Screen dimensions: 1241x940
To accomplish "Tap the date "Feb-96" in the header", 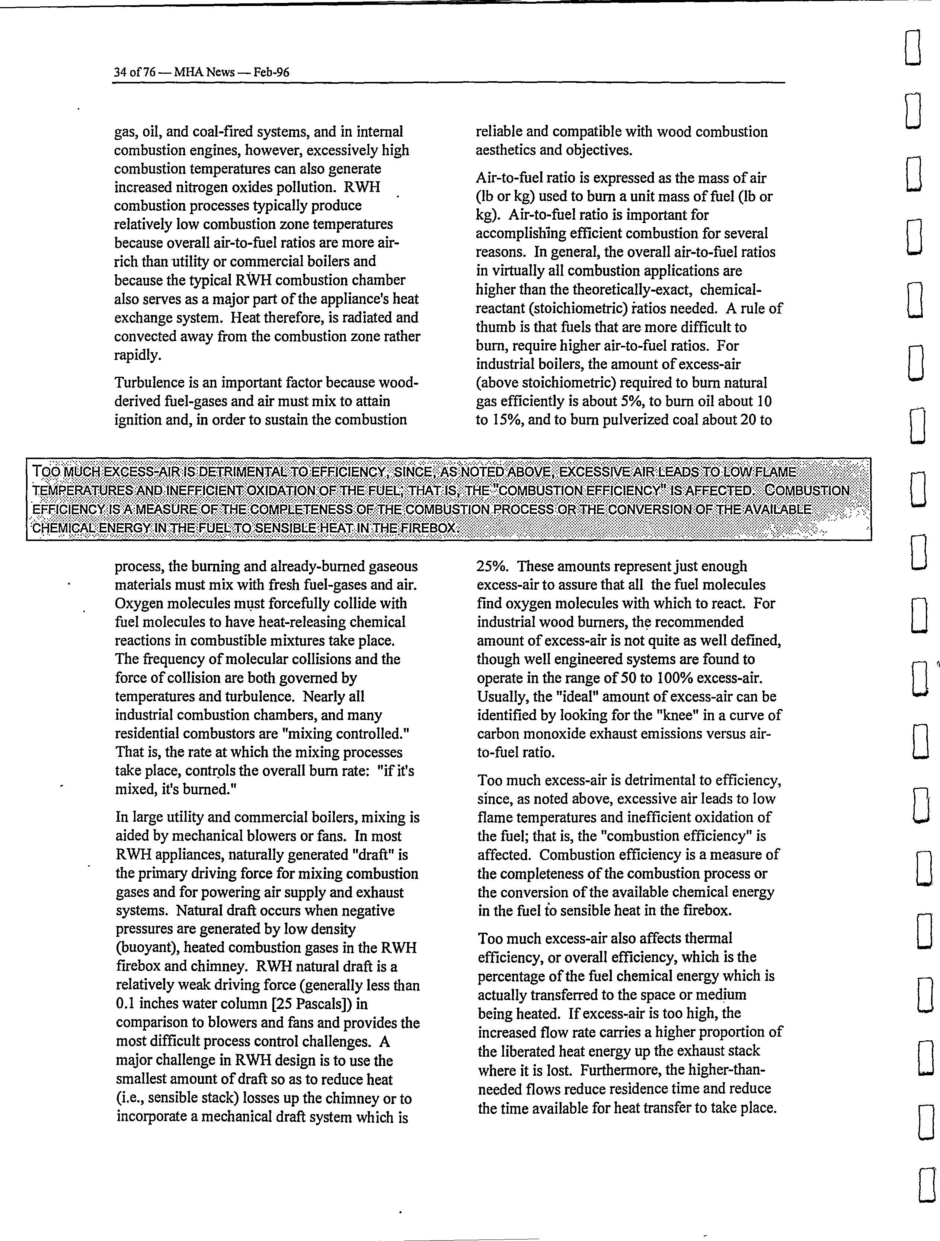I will click(271, 72).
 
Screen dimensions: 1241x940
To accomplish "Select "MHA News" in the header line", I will click(204, 72).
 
